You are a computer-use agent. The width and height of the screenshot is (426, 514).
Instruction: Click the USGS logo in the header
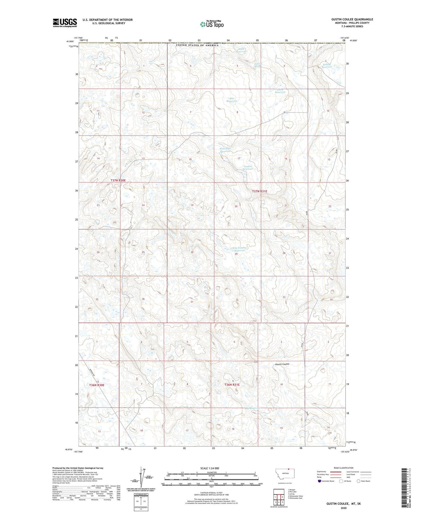click(65, 22)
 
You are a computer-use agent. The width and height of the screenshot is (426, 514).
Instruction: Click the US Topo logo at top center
click(212, 24)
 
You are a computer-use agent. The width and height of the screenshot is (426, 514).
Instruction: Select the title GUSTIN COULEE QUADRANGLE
click(352, 19)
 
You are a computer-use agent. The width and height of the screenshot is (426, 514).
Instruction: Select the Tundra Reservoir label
click(247, 168)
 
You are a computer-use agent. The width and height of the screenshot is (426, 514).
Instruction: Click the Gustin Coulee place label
click(282, 364)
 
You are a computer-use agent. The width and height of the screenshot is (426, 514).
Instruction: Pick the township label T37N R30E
click(118, 180)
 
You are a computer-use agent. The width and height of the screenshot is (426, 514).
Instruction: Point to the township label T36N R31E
click(232, 385)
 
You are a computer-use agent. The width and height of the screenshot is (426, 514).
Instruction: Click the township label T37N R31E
click(260, 191)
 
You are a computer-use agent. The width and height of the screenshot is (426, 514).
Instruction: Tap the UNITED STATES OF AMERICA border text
click(197, 45)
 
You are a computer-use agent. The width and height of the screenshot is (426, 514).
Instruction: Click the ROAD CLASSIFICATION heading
click(344, 468)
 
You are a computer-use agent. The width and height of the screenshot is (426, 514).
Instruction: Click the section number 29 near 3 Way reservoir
click(236, 254)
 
